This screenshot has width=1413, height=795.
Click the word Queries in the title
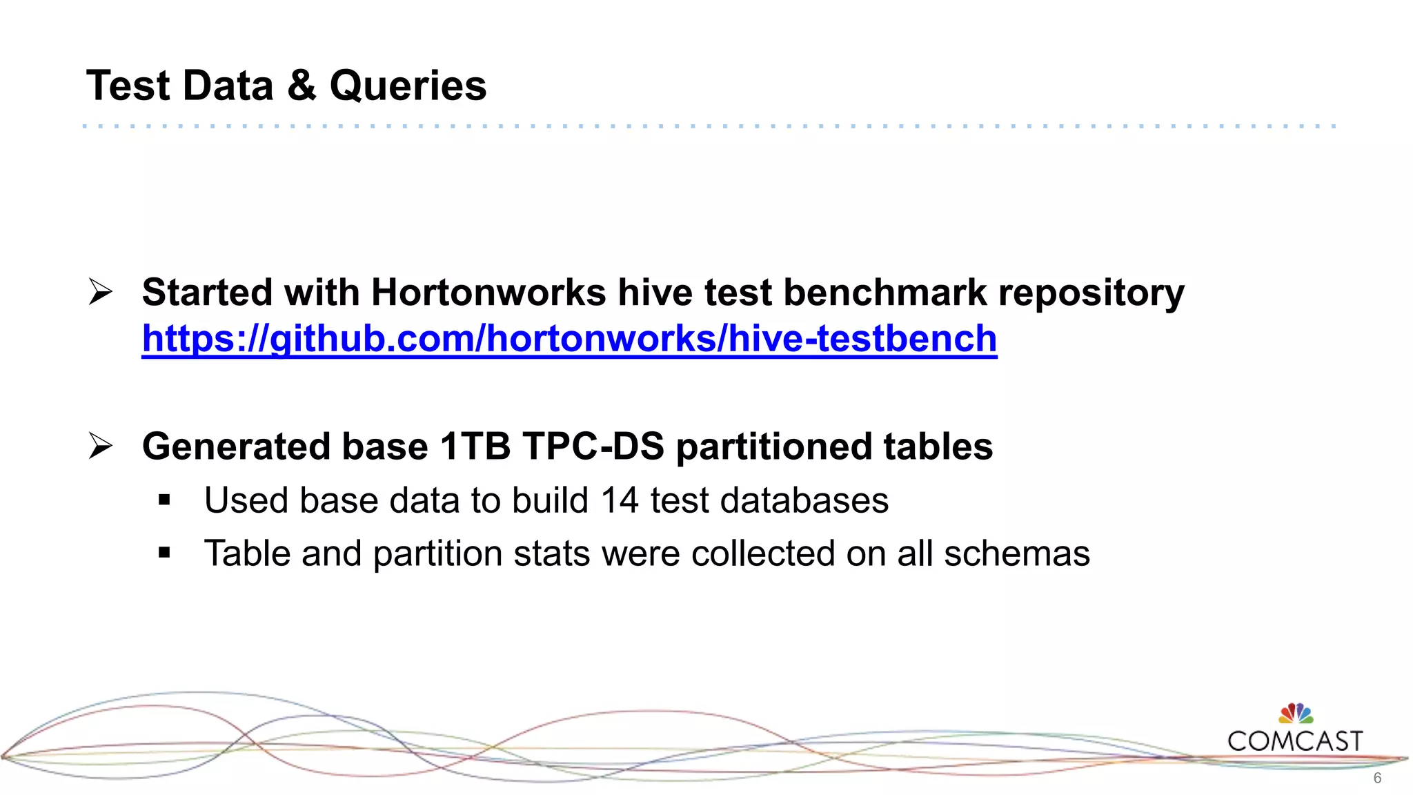pos(408,86)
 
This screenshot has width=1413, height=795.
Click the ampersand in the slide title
pos(301,86)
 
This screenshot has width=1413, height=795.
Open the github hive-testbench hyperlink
pos(569,339)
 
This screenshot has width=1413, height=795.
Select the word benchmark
pos(885,293)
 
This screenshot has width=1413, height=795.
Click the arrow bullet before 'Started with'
pos(101,292)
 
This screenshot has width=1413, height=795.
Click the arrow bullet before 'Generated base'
pos(101,446)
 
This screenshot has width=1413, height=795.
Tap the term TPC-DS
pos(593,446)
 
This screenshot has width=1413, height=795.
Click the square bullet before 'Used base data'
pos(164,500)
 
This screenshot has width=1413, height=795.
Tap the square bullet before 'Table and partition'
pos(164,552)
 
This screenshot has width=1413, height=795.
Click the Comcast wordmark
pos(1295,742)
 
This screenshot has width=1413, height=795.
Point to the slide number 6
pos(1377,778)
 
